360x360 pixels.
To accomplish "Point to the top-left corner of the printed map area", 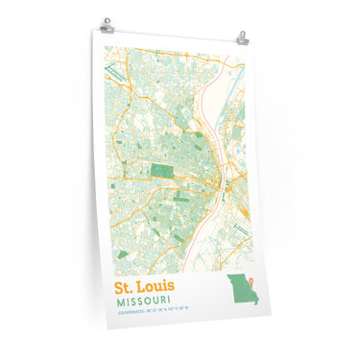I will coord(105,47).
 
